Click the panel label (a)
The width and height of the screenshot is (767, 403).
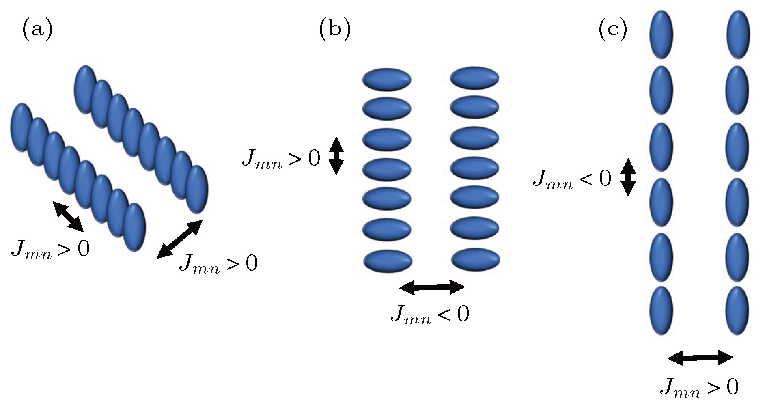tap(37, 30)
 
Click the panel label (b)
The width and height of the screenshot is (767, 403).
tap(335, 30)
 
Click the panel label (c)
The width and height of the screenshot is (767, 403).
tap(613, 30)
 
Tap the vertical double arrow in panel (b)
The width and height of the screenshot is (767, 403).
tap(336, 156)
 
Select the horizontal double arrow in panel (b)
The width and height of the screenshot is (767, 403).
tap(432, 287)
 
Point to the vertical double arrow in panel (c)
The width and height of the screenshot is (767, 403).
tap(628, 177)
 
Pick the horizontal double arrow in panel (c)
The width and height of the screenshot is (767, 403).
tap(700, 358)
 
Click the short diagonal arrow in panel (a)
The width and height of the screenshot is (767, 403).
tap(68, 216)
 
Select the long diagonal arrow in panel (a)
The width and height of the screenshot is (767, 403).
tap(180, 239)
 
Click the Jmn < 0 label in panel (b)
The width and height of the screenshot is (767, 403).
tap(430, 315)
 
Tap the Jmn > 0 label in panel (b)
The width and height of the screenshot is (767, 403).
tap(281, 158)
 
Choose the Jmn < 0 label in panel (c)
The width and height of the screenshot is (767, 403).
tap(572, 179)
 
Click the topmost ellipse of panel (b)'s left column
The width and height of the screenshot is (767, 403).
tap(387, 78)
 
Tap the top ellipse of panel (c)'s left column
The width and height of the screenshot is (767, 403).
tap(661, 34)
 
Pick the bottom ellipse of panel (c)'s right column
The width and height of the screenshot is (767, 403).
tap(737, 310)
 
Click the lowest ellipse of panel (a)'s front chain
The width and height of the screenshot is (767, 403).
tap(134, 227)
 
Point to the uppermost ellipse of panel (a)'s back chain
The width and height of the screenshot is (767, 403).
tap(85, 89)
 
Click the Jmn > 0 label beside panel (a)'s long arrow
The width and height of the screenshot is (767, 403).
tap(218, 264)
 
